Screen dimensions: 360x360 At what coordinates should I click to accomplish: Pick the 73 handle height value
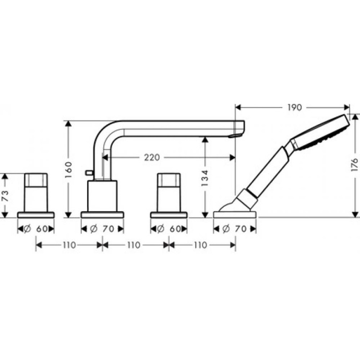[x=5, y=196]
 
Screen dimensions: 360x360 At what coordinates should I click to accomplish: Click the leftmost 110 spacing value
[x=68, y=245]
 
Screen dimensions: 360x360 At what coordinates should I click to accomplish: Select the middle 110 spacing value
[x=135, y=245]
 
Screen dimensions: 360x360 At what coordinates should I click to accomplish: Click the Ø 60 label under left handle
[x=36, y=228]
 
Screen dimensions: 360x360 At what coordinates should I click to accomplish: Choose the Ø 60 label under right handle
[x=169, y=228]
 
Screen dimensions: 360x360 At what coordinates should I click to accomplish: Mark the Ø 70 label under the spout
[x=102, y=228]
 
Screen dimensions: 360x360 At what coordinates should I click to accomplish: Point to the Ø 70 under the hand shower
[x=235, y=228]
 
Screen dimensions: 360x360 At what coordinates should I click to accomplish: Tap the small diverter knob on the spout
[x=89, y=172]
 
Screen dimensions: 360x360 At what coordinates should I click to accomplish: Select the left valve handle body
[x=36, y=191]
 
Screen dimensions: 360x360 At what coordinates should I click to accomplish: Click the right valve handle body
[x=169, y=191]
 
